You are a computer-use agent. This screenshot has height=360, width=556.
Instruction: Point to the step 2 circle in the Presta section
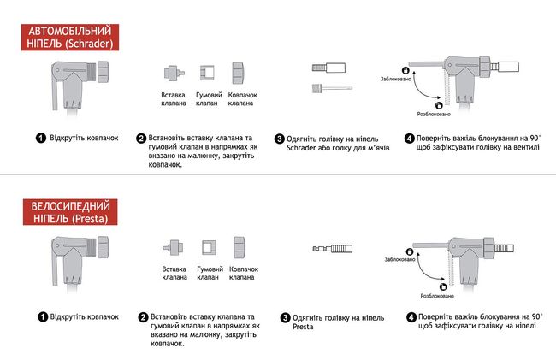click(143, 317)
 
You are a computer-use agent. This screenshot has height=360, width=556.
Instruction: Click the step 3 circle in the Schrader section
click(280, 139)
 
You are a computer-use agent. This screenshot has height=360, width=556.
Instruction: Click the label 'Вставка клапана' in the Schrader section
click(174, 99)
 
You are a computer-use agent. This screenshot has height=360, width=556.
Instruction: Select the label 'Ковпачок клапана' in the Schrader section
click(243, 99)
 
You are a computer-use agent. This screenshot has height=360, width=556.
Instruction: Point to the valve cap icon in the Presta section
click(239, 249)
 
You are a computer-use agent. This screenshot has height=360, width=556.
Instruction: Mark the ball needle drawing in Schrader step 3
click(334, 89)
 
